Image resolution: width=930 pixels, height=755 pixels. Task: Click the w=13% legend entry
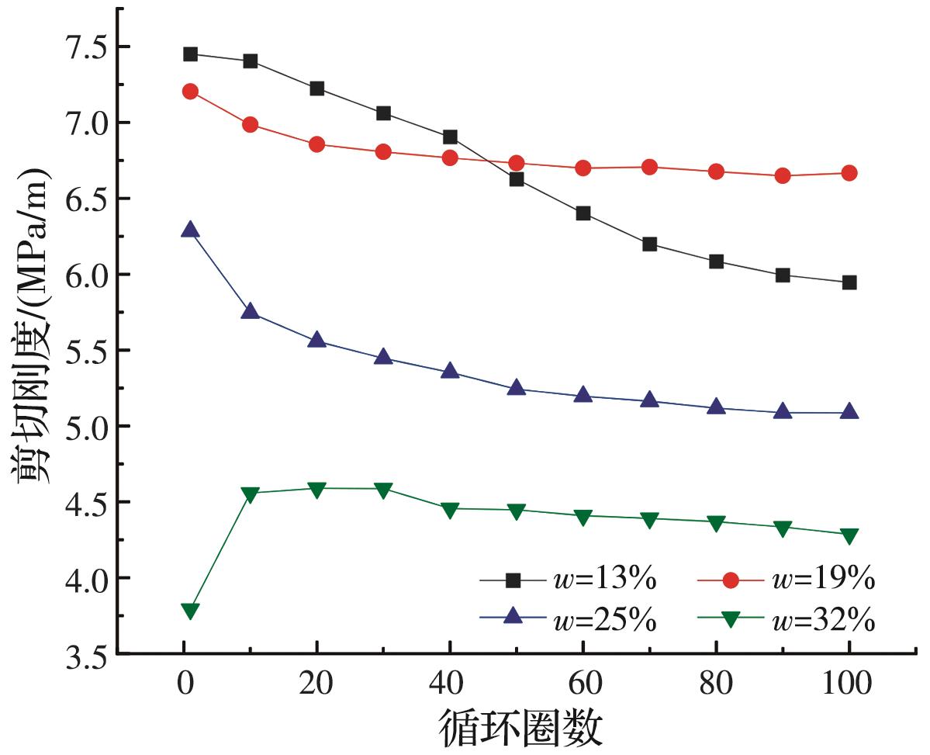(570, 580)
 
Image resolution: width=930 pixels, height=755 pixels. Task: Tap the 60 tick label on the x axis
(583, 686)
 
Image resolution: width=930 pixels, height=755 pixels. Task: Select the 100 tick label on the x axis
(849, 686)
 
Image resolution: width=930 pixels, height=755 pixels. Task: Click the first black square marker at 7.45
(190, 54)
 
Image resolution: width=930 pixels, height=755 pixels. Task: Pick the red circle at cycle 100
(849, 173)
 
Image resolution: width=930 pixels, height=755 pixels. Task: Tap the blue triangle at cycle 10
(250, 311)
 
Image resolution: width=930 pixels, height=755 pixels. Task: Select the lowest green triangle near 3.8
(190, 611)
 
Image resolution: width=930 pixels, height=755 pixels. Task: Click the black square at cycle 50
(517, 179)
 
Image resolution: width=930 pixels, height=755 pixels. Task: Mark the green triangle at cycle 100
(849, 536)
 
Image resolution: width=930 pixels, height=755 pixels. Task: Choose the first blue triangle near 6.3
(190, 230)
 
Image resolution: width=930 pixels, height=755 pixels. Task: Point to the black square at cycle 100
(849, 282)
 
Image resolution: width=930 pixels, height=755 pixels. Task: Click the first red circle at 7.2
(190, 92)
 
